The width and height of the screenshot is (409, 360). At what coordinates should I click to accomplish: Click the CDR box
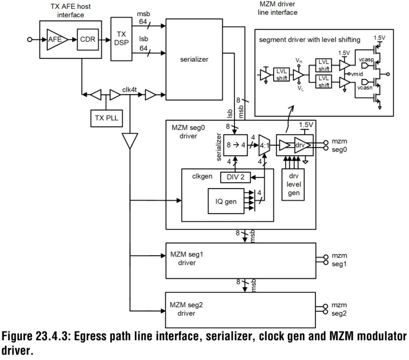pyautogui.click(x=87, y=39)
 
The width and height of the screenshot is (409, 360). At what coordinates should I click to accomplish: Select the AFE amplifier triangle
pyautogui.click(x=56, y=39)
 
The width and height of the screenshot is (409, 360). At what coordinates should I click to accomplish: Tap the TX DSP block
pyautogui.click(x=121, y=39)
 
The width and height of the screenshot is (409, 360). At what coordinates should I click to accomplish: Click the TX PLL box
pyautogui.click(x=106, y=118)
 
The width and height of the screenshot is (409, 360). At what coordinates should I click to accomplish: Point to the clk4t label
pyautogui.click(x=130, y=90)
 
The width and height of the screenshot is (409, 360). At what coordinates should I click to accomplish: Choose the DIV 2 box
pyautogui.click(x=235, y=177)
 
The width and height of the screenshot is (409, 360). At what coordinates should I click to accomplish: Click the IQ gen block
pyautogui.click(x=226, y=201)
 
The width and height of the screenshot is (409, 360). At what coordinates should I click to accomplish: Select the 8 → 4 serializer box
pyautogui.click(x=236, y=145)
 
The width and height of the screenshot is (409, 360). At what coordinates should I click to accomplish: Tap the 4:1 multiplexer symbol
pyautogui.click(x=264, y=145)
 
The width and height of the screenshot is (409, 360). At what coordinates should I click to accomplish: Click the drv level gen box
pyautogui.click(x=293, y=185)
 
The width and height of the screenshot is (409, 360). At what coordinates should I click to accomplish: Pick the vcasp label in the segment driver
pyautogui.click(x=366, y=60)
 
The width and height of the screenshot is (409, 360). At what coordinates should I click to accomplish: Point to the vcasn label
pyautogui.click(x=365, y=88)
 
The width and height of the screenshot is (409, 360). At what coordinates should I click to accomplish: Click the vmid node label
pyautogui.click(x=357, y=74)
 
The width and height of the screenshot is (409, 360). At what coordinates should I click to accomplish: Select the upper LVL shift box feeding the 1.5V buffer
pyautogui.click(x=323, y=65)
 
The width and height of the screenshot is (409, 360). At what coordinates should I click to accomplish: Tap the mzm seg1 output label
pyautogui.click(x=339, y=260)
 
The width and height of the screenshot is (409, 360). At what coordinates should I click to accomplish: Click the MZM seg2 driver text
pyautogui.click(x=186, y=309)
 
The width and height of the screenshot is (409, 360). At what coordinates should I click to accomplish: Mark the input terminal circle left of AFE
pyautogui.click(x=30, y=40)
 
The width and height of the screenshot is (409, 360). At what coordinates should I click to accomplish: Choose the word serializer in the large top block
pyautogui.click(x=194, y=59)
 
